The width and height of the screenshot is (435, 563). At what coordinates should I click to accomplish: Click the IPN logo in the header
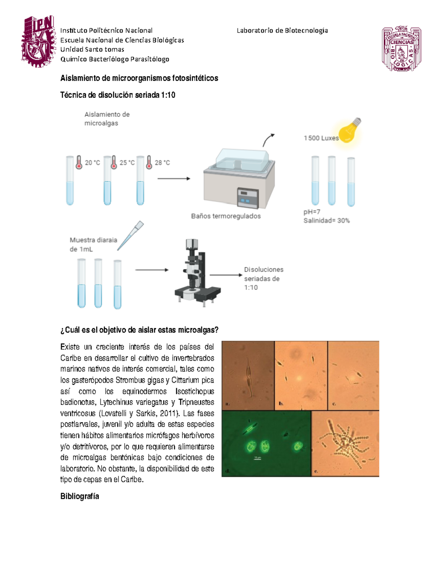[x=38, y=41]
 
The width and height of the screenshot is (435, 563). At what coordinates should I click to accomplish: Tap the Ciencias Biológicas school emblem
[x=401, y=49]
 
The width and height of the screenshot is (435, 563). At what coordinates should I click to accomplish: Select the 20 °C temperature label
[x=92, y=163]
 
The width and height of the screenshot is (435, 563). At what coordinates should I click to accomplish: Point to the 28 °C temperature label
[x=162, y=163]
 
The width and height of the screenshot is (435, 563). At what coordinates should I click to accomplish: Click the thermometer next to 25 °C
[x=114, y=162]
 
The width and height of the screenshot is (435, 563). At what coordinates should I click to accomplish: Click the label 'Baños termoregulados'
[x=226, y=216]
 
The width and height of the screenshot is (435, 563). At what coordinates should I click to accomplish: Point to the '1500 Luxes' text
[x=321, y=138]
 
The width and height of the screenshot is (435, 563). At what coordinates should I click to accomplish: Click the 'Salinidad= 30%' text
[x=326, y=220]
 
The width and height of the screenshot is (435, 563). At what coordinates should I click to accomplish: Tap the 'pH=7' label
[x=312, y=212]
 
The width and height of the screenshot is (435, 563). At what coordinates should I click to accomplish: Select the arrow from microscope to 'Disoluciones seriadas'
[x=225, y=275]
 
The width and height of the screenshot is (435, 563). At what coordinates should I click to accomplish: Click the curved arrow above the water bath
[x=268, y=140]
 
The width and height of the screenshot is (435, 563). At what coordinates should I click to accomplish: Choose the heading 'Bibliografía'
[x=79, y=496]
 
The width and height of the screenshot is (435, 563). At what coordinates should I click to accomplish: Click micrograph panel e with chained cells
[x=345, y=443]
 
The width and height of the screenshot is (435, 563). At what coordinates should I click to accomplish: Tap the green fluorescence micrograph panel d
[x=266, y=443]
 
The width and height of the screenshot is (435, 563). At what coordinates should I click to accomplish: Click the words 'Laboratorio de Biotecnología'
[x=282, y=30]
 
